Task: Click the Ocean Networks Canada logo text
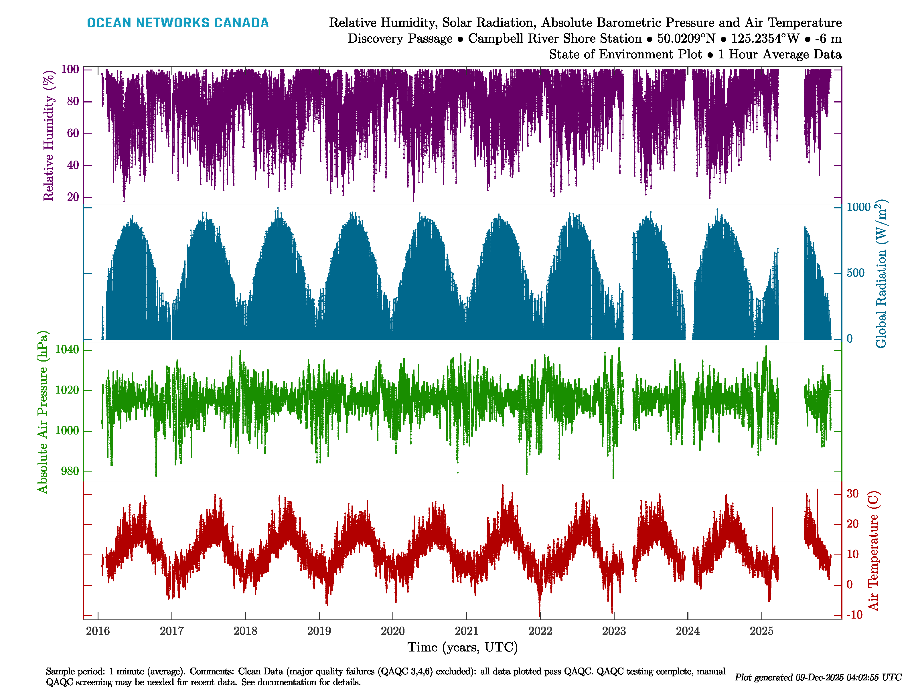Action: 178,23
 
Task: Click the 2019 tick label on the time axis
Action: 319,631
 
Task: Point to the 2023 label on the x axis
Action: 614,631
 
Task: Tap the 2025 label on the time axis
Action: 761,631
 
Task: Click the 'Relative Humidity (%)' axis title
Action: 49,136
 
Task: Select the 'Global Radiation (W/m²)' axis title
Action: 881,274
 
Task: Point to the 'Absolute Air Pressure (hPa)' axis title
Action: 42,412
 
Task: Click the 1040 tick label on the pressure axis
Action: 67,350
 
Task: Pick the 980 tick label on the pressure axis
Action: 70,471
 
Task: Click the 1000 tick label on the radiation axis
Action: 859,207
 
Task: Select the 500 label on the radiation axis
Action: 856,273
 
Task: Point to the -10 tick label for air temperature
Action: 854,615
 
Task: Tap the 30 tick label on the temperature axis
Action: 853,493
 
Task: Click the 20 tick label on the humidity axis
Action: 73,197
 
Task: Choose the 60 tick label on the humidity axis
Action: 73,133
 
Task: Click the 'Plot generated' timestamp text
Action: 818,678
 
